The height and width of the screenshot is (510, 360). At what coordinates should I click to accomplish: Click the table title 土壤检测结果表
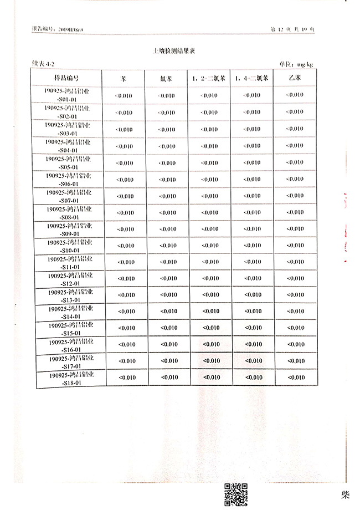pyautogui.click(x=174, y=50)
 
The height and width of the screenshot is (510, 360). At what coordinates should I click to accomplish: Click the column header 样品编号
pyautogui.click(x=69, y=78)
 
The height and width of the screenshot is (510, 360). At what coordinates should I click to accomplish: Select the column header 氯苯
pyautogui.click(x=166, y=79)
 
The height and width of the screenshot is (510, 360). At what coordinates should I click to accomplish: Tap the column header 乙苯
pyautogui.click(x=295, y=78)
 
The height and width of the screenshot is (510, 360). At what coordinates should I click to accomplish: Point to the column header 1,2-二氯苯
pyautogui.click(x=209, y=78)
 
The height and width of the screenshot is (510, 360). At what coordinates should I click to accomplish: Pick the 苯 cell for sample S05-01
pyautogui.click(x=124, y=163)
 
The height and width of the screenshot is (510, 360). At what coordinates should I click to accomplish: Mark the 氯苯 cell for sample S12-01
pyautogui.click(x=167, y=278)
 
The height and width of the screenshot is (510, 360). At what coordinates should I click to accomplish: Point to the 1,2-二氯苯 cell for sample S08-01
pyautogui.click(x=209, y=212)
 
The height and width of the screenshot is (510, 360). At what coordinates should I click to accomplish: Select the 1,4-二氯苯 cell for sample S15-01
pyautogui.click(x=253, y=328)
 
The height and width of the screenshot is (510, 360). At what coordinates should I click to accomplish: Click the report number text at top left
pyautogui.click(x=58, y=29)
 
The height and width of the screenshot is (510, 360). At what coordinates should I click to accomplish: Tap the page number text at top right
pyautogui.click(x=291, y=29)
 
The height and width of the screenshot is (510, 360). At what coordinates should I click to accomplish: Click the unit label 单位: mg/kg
pyautogui.click(x=295, y=64)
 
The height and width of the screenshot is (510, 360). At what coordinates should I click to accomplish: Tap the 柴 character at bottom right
pyautogui.click(x=346, y=493)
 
